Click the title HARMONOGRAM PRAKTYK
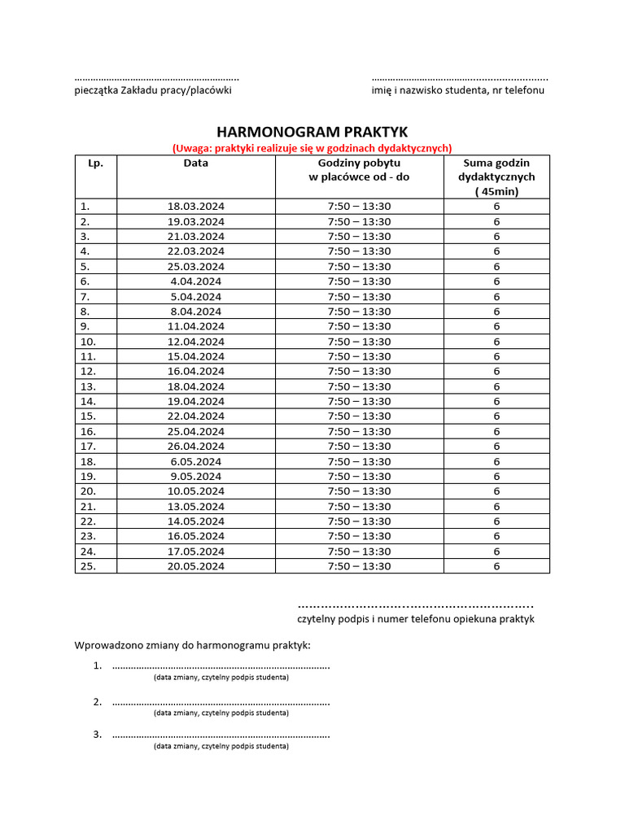coord(312,132)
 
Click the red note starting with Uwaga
coord(312,148)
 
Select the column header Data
coord(195,163)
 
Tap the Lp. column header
coord(95,163)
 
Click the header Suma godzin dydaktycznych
coord(496,177)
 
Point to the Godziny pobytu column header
coord(359,169)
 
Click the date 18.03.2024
coord(195,207)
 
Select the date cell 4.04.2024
coord(195,281)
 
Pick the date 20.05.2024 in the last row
coord(195,566)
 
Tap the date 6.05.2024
coord(195,461)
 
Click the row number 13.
coord(88,386)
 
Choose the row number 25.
coord(88,566)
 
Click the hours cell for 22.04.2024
coord(359,416)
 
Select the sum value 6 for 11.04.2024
coord(496,326)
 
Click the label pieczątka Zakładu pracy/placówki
coord(153,90)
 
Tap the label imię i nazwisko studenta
coord(458,90)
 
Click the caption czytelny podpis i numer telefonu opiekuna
coord(416,619)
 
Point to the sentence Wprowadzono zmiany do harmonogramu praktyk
coord(192,646)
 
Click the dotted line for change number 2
coord(221,701)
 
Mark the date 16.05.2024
coord(195,536)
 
